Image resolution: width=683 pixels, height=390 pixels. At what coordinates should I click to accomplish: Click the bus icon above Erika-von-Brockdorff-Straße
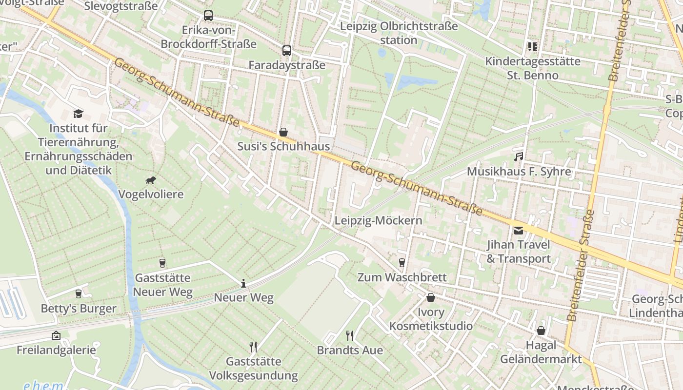[x=208, y=16]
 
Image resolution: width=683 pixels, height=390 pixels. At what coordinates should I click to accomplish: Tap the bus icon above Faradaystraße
[x=287, y=50]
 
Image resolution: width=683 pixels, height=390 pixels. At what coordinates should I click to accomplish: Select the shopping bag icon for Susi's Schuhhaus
[x=283, y=132]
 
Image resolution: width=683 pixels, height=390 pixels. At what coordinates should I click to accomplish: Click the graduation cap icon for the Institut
[x=78, y=114]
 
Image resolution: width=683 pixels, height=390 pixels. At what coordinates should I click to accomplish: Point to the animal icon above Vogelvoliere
[x=151, y=180]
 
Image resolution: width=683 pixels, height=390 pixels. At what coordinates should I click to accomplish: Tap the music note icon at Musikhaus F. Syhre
[x=519, y=157]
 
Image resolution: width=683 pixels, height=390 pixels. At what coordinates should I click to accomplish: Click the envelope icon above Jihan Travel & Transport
[x=518, y=230]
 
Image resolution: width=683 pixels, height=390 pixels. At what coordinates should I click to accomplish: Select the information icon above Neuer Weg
[x=243, y=283]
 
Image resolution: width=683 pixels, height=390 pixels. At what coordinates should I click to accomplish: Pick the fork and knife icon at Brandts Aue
[x=350, y=335]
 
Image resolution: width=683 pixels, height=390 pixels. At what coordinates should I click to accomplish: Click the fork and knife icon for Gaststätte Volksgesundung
[x=253, y=347]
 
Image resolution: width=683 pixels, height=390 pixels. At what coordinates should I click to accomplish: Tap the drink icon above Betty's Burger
[x=78, y=293]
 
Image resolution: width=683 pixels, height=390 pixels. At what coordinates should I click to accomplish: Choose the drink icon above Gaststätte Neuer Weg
[x=162, y=263]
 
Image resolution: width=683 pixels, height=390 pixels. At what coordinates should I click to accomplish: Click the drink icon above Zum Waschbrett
[x=402, y=263]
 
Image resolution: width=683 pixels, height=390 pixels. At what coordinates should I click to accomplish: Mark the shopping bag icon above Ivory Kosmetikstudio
[x=431, y=297]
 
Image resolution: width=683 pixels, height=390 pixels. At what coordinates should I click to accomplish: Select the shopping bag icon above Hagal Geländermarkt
[x=541, y=331]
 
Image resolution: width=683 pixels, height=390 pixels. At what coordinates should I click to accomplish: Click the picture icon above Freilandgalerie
[x=56, y=335]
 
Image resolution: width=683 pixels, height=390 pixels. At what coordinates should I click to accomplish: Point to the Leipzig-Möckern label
[x=378, y=221]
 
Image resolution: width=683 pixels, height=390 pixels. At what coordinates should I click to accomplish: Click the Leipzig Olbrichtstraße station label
[x=399, y=33]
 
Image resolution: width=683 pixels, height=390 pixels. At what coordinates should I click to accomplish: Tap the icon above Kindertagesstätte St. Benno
[x=532, y=47]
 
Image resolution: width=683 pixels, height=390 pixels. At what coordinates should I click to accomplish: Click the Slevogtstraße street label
[x=121, y=6]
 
